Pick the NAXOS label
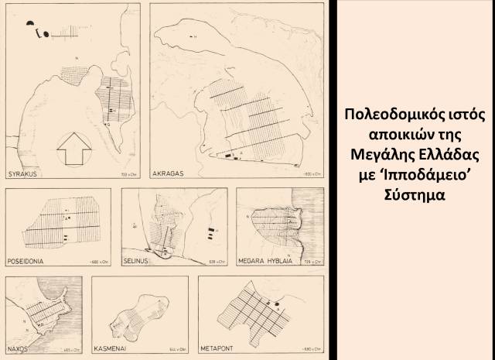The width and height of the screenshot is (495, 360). (x=19, y=349)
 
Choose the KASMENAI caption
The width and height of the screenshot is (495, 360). (x=112, y=349)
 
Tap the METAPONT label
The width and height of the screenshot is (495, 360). (x=221, y=349)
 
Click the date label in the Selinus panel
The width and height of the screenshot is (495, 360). (x=217, y=262)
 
